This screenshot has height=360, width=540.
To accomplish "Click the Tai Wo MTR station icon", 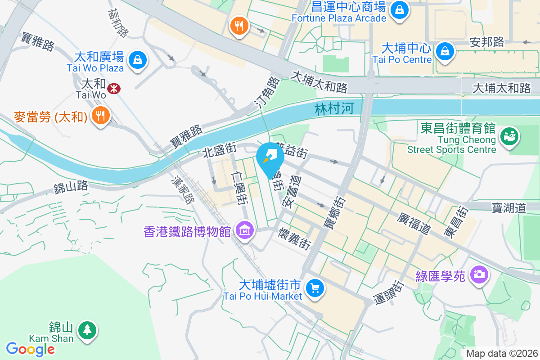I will [x=114, y=89].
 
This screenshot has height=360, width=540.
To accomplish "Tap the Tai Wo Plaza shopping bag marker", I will [x=138, y=60].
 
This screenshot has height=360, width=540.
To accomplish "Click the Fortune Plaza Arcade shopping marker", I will [x=399, y=9].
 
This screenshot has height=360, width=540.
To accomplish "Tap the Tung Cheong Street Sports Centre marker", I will [x=510, y=135].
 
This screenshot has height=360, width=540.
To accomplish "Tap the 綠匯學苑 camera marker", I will [x=479, y=274].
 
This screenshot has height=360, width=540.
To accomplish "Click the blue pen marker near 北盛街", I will [x=270, y=157].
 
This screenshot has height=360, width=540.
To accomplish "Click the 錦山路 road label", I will [x=71, y=187].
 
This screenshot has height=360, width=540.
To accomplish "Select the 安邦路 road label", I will [x=486, y=42].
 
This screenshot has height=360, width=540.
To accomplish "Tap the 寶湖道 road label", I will [x=508, y=207].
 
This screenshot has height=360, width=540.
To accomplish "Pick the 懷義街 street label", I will [x=294, y=238].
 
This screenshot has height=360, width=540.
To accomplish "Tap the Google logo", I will [x=30, y=349].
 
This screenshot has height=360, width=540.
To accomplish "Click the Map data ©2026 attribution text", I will [x=501, y=354].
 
